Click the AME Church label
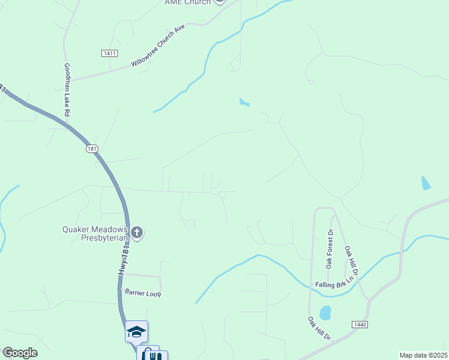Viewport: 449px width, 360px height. click(187, 2)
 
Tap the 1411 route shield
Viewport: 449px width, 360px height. click(109, 53)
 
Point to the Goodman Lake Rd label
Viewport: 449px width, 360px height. click(67, 90)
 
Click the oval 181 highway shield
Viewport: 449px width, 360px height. click(91, 148)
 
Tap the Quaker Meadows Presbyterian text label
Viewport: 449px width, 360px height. click(95, 233)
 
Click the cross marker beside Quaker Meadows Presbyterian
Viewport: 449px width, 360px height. click(137, 233)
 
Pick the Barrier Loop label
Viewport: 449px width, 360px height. click(143, 293)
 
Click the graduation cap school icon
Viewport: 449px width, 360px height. click(136, 331)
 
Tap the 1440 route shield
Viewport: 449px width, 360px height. click(360, 324)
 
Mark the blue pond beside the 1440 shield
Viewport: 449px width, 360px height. click(325, 313)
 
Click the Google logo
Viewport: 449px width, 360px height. click(20, 353)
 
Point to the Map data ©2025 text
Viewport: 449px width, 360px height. click(423, 355)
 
